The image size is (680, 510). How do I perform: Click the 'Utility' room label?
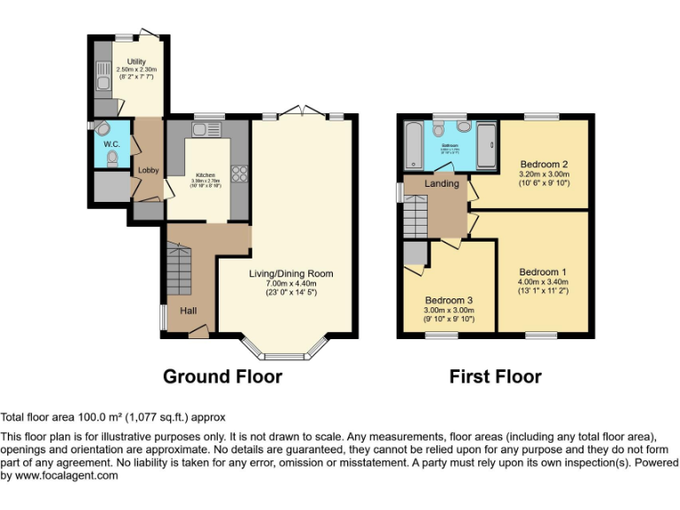(x=135, y=61)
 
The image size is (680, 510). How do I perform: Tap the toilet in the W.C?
(x=112, y=158)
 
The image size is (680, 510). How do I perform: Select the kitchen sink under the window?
(x=200, y=131)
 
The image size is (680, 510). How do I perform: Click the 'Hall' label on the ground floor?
(x=189, y=311)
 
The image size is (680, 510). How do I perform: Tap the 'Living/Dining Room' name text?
(x=290, y=274)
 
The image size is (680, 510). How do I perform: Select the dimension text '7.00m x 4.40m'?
(x=290, y=283)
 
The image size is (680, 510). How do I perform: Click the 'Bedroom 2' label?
(x=544, y=164)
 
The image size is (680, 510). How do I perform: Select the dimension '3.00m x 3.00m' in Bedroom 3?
(x=449, y=311)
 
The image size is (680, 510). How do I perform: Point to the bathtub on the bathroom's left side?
(x=413, y=146)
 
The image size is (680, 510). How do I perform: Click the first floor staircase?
(x=414, y=218)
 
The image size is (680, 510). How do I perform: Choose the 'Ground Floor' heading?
(x=222, y=376)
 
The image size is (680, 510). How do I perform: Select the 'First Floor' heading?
(x=495, y=376)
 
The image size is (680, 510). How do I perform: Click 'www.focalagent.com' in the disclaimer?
(x=66, y=475)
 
